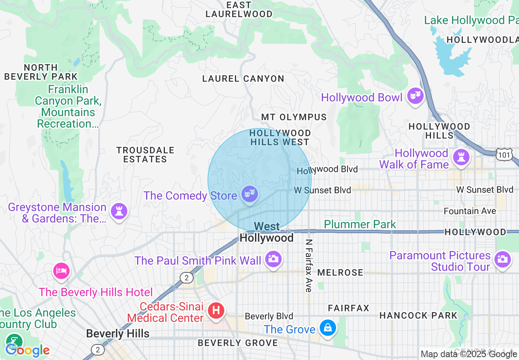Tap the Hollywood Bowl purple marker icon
[x=415, y=96]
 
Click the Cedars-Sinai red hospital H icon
[x=216, y=310]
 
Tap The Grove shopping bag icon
[x=327, y=328]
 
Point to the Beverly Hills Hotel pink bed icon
[x=61, y=270]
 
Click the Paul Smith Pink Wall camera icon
[x=273, y=259]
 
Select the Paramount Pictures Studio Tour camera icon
[x=502, y=259]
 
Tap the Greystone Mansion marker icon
[x=119, y=211]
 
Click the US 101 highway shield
[x=504, y=155]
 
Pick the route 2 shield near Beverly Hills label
[x=97, y=350]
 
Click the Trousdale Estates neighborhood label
[x=145, y=155]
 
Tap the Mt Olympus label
[x=294, y=117]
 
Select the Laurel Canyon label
[x=243, y=79]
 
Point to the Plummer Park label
[x=360, y=224]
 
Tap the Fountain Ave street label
[x=470, y=211]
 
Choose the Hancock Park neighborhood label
[x=418, y=315]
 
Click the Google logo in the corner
[x=27, y=350]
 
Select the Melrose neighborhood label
[x=340, y=272]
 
